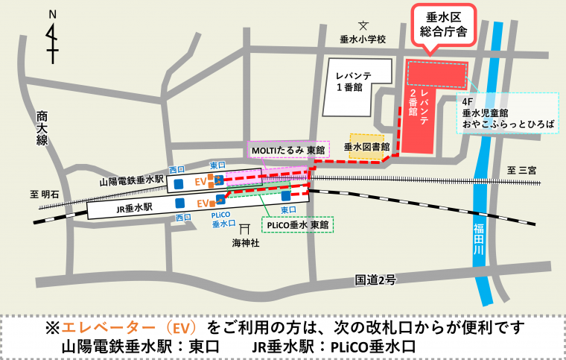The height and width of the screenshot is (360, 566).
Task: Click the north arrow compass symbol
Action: [50, 40]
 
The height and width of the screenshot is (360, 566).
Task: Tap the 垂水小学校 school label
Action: [363, 40]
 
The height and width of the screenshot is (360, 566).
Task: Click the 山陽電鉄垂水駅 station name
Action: [130, 181]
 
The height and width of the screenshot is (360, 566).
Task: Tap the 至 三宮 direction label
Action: [522, 171]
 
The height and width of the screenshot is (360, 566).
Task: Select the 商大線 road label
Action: [42, 131]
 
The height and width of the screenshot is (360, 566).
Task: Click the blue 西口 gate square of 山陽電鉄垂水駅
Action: [178, 183]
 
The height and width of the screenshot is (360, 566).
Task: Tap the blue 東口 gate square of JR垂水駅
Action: [287, 197]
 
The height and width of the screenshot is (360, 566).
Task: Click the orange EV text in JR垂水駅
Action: [202, 203]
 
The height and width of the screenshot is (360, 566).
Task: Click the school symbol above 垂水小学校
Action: [363, 27]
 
